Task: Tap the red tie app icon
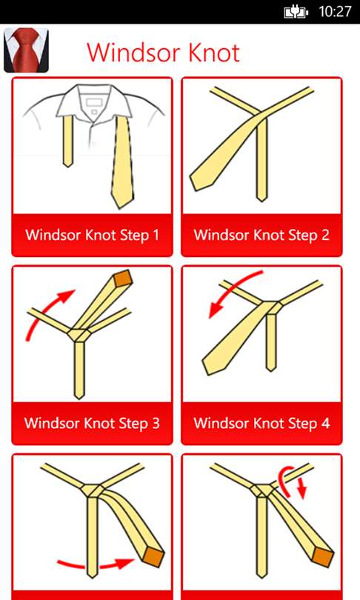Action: point(26,50)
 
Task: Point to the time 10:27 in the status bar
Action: point(335,11)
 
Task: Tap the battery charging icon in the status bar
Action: point(296,13)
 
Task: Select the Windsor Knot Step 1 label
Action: point(92,235)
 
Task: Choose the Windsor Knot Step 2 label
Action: point(261,235)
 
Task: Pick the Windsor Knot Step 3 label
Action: point(92,423)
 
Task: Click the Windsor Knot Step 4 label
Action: point(261,423)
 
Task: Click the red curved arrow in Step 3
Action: point(42,308)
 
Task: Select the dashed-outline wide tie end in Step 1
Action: point(122,163)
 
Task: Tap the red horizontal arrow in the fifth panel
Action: point(96,563)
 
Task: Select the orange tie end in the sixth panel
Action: point(324,557)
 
